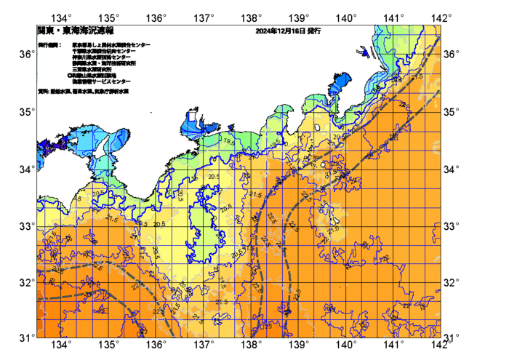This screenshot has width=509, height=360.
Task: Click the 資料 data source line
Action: (x=84, y=92)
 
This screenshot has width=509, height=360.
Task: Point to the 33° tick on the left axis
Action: (x=25, y=225)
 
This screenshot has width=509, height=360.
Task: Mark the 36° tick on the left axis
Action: (x=25, y=55)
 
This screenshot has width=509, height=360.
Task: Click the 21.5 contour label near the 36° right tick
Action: (x=417, y=76)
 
